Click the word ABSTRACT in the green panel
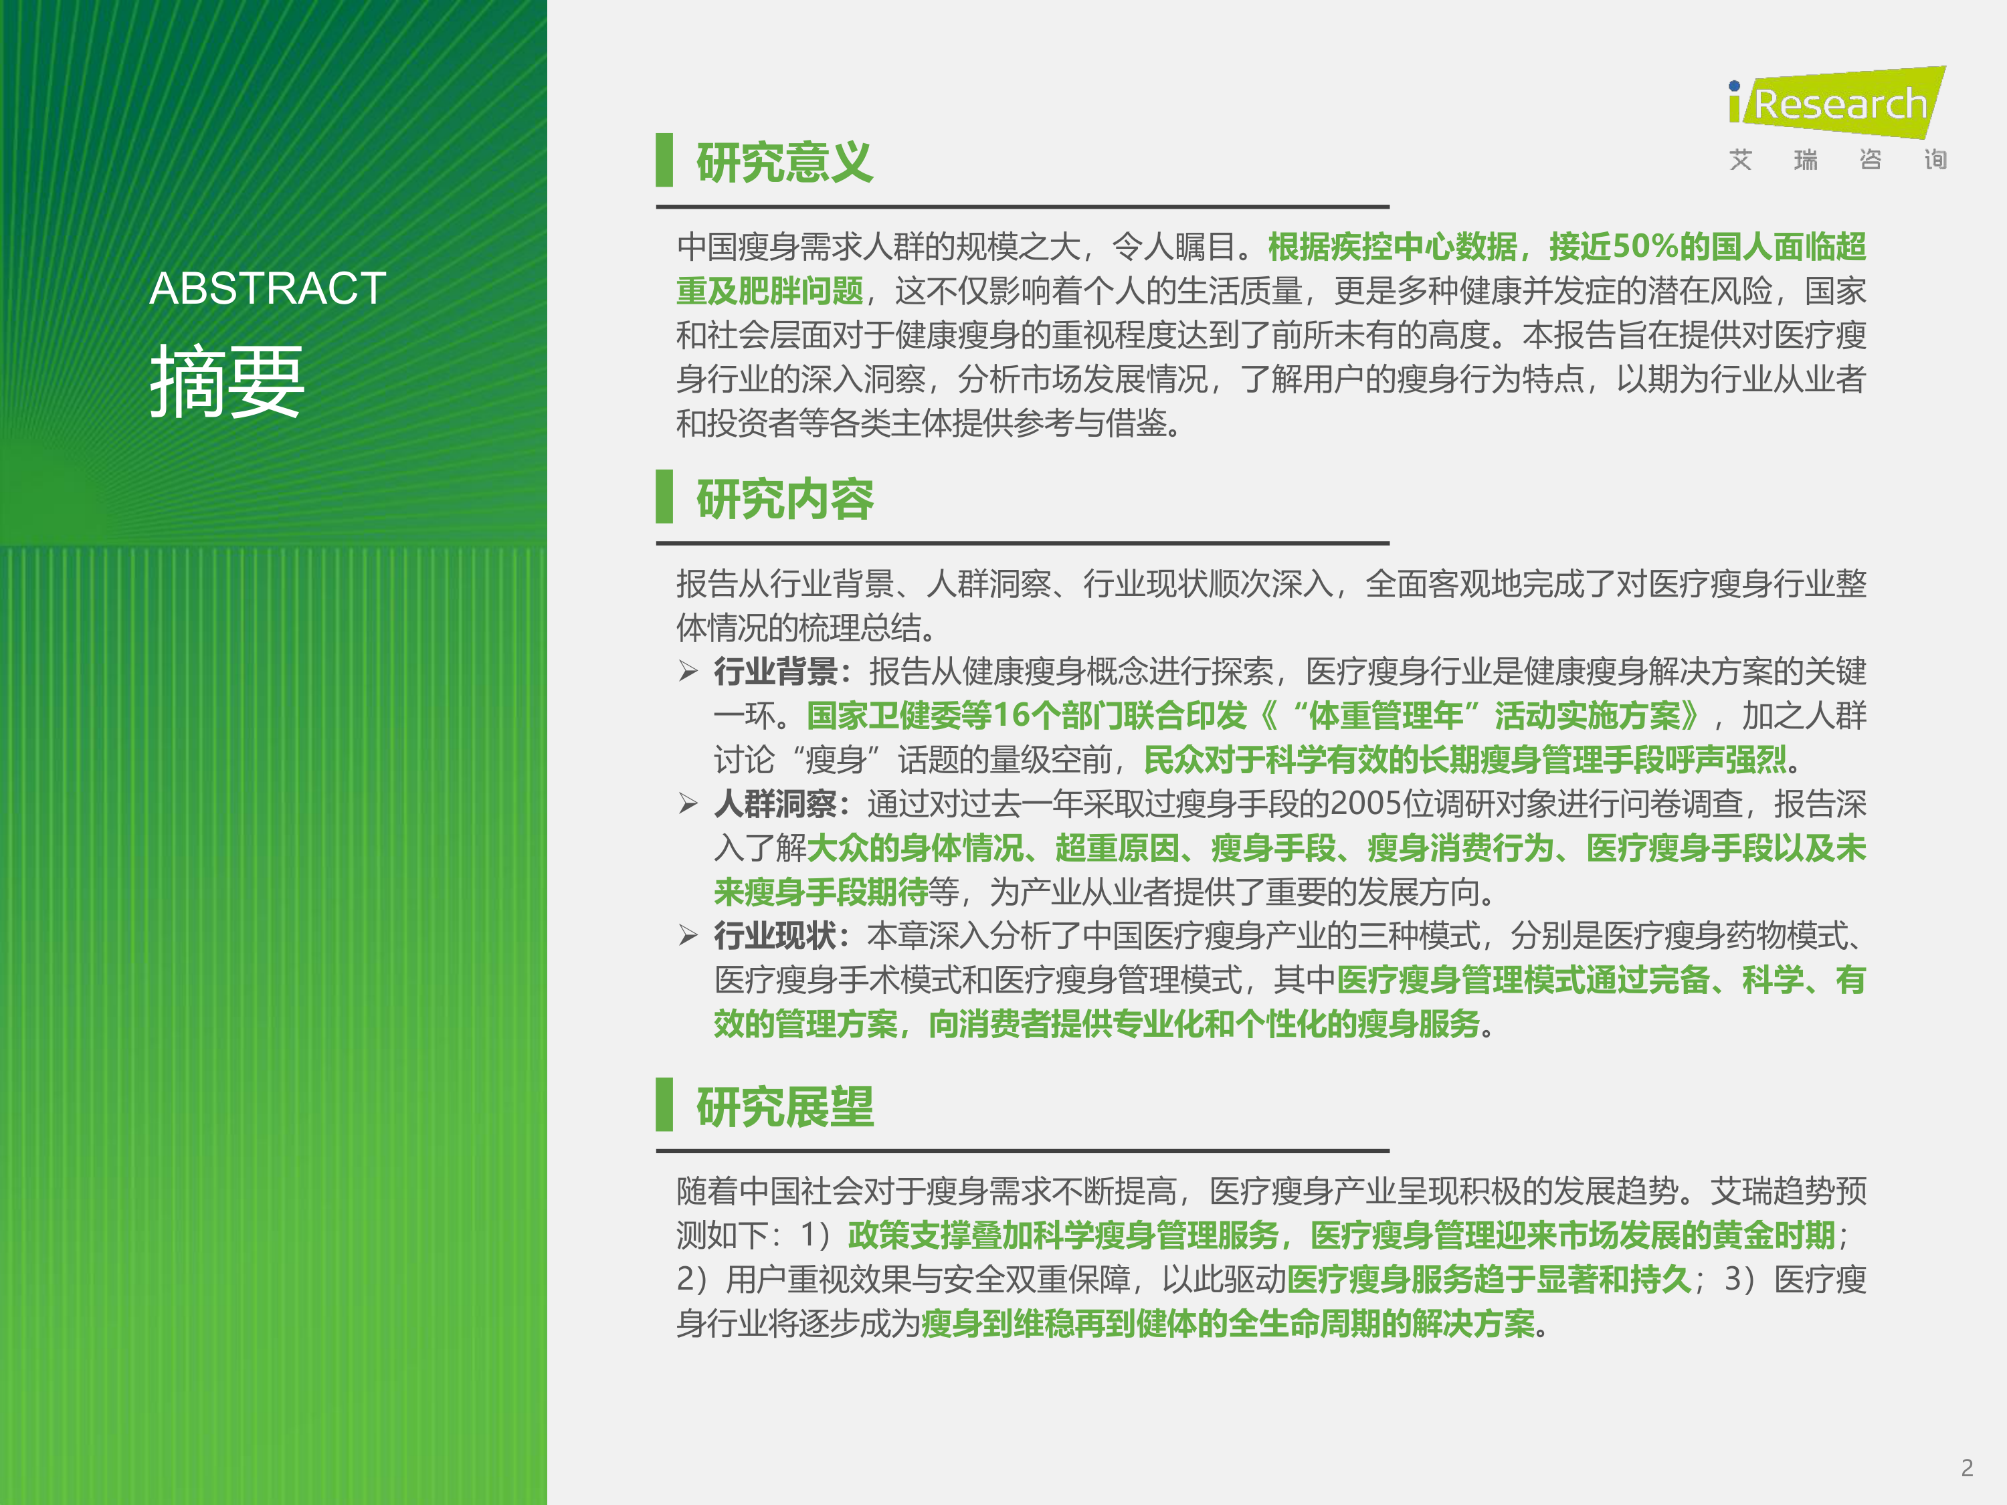click(268, 288)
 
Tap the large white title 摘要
click(227, 381)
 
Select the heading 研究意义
click(785, 163)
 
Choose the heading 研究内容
click(785, 499)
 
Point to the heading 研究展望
click(785, 1107)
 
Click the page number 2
click(1967, 1467)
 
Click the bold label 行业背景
click(776, 672)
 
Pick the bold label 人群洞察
click(776, 804)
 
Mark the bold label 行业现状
click(776, 935)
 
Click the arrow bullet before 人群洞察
click(688, 804)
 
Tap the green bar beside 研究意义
click(664, 161)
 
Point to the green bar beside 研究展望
click(664, 1105)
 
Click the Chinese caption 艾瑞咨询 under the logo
click(1837, 161)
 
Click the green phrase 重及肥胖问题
click(769, 290)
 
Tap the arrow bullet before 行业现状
click(688, 935)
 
